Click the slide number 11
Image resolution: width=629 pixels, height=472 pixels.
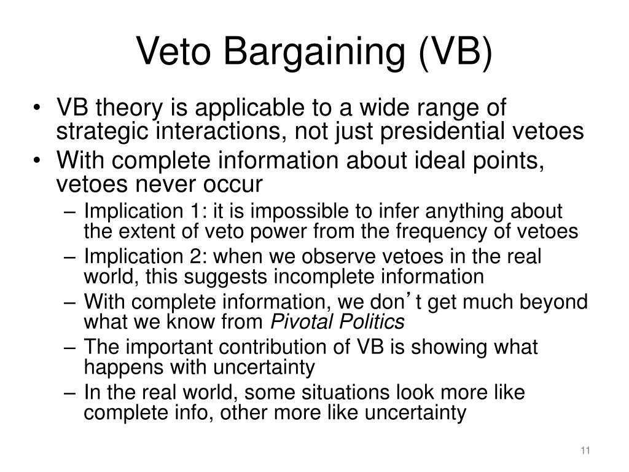585,452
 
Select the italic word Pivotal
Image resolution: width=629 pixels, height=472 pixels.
299,321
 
